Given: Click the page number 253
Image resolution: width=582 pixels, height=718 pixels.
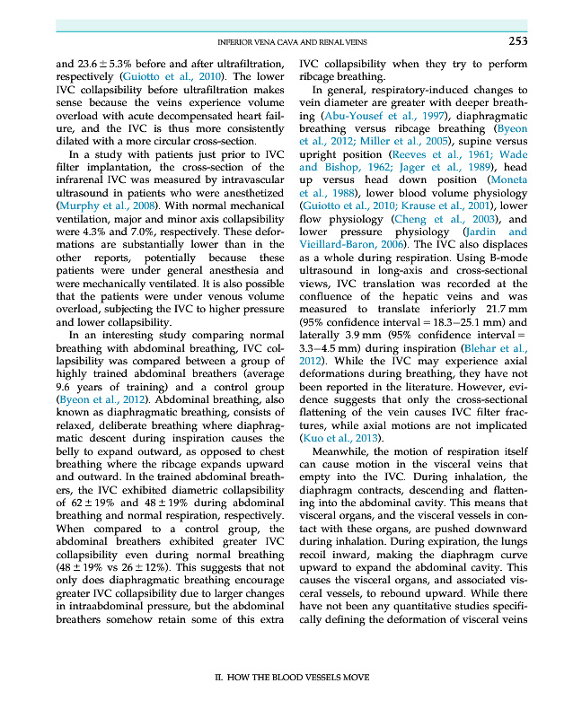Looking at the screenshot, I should [x=517, y=40].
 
